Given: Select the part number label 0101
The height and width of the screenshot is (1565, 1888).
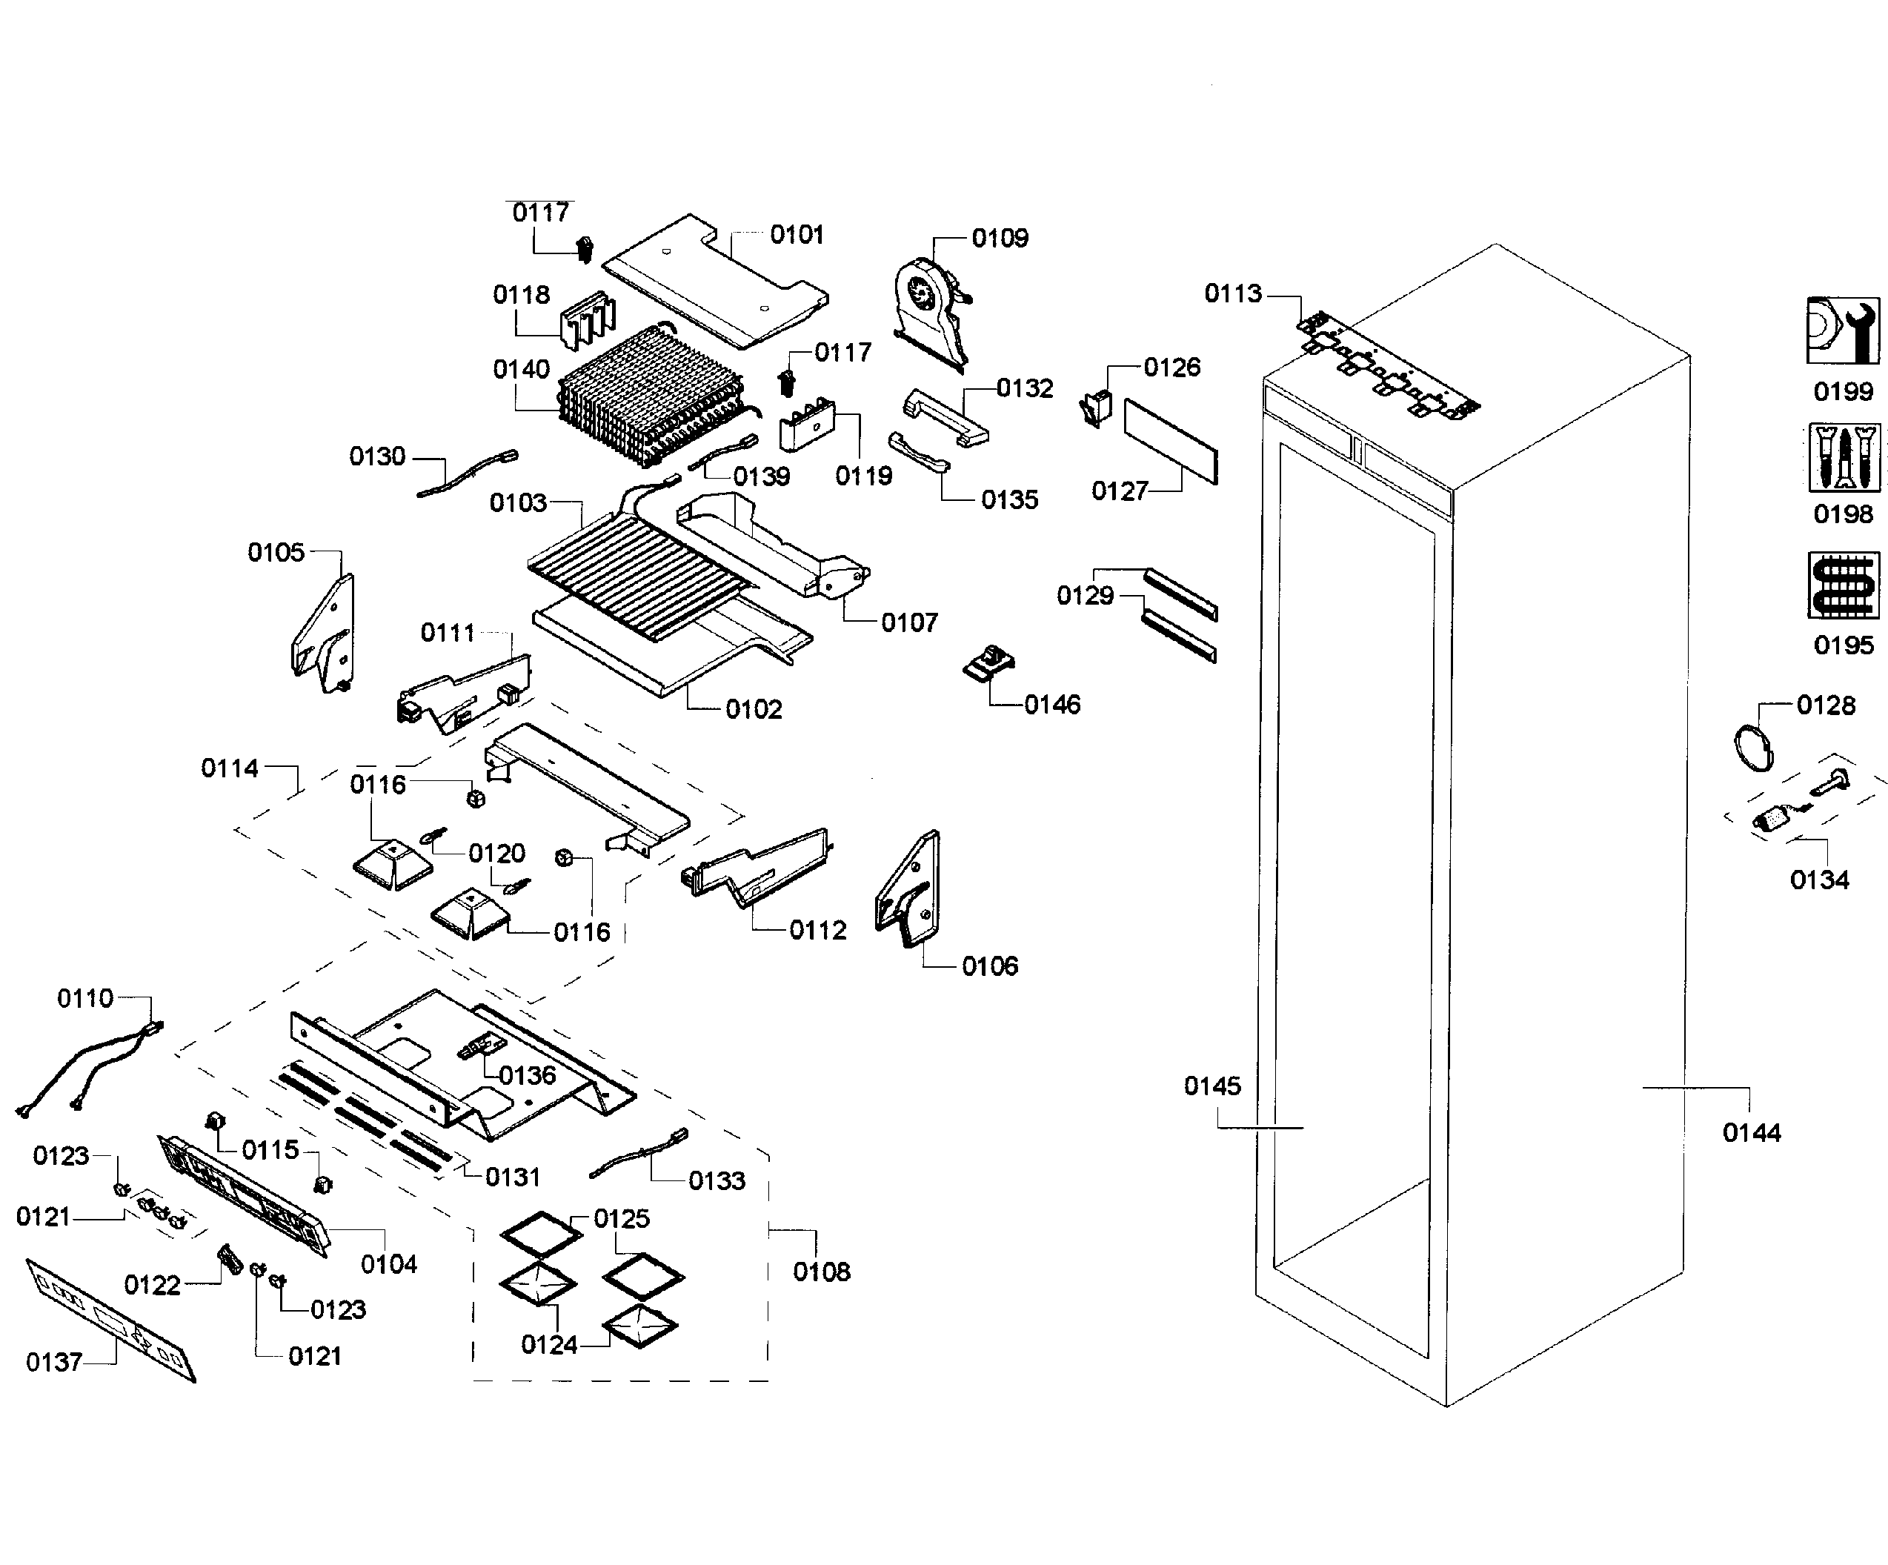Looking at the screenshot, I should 797,235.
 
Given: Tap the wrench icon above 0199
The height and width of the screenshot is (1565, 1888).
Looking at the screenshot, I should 1842,330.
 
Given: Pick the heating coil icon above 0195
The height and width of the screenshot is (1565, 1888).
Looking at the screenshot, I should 1843,585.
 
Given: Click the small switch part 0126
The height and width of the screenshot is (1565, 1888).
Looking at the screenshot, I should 1096,408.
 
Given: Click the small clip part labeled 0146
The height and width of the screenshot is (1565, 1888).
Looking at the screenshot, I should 989,663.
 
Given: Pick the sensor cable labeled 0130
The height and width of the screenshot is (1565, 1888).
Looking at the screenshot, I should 468,474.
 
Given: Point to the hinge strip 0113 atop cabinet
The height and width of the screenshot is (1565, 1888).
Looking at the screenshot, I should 1389,364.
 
